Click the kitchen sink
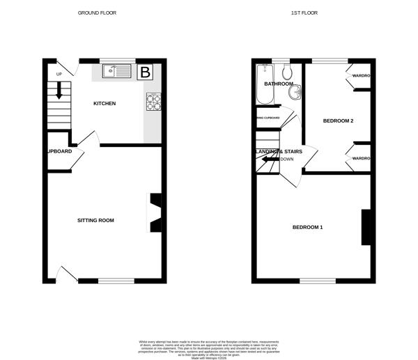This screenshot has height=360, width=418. pos(116,70)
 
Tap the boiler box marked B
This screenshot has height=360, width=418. pos(146,72)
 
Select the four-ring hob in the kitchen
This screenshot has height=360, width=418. pos(153,102)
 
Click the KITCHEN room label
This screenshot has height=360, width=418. pos(104,104)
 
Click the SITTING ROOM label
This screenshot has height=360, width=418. pos(95,220)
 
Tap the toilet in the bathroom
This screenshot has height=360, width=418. pos(286,73)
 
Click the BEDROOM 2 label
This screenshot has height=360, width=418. pos(338,121)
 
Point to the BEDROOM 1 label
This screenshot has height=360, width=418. pos(307,228)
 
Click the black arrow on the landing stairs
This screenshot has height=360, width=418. pos(268,159)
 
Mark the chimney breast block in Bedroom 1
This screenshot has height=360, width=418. pos(364,227)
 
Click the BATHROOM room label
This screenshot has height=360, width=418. pos(278,84)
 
